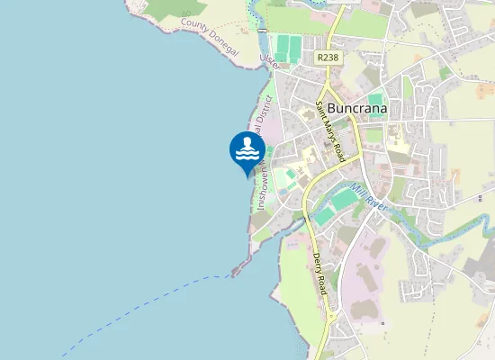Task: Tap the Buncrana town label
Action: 357,108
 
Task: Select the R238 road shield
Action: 328,57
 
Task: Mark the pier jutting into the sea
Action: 240,267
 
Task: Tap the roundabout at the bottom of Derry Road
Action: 331,318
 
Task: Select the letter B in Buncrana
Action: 332,108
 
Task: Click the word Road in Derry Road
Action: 321,284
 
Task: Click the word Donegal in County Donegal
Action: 222,47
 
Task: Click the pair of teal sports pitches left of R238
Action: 286,49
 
